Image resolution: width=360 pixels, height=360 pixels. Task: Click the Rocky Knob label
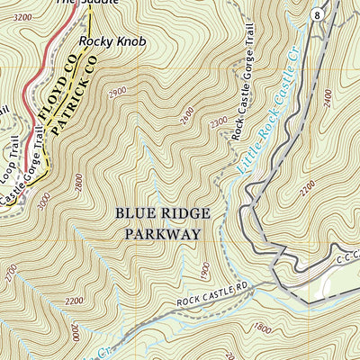[x=105, y=40]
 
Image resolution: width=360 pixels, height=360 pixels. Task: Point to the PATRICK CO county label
[x=75, y=95]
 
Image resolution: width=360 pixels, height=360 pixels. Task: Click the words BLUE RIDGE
[x=163, y=213]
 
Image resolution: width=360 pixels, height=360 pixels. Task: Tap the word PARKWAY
[x=163, y=232]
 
